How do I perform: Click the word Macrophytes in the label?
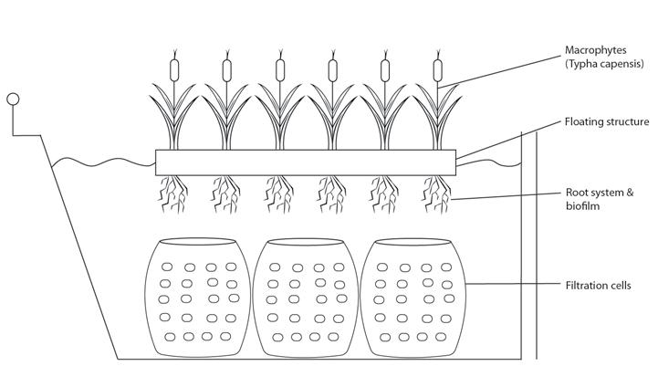[594, 49]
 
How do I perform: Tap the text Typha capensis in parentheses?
[598, 65]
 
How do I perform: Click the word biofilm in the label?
[582, 207]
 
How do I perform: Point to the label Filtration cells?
[597, 286]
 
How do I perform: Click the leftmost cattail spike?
[173, 68]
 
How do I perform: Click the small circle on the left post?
[13, 99]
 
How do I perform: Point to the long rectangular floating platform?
[305, 162]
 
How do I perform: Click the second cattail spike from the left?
[226, 68]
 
